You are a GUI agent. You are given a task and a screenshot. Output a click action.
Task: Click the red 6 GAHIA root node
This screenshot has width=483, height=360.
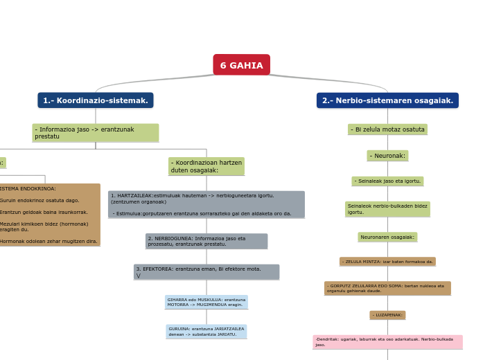click(241, 65)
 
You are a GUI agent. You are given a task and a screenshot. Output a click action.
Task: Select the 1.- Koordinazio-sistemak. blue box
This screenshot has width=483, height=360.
click(96, 100)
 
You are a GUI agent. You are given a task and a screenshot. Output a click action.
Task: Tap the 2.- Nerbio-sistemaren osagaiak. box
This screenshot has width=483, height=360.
click(387, 100)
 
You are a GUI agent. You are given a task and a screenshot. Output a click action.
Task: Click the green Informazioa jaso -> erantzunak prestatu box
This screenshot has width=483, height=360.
click(96, 133)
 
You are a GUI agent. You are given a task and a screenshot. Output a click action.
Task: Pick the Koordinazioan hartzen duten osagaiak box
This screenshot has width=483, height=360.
click(206, 166)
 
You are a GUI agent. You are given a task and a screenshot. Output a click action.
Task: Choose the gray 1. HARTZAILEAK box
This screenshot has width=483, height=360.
click(206, 205)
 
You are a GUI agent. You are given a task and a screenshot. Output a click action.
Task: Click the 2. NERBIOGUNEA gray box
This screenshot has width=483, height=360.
click(206, 241)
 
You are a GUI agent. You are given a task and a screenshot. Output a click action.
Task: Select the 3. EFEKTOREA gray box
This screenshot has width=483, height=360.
click(206, 271)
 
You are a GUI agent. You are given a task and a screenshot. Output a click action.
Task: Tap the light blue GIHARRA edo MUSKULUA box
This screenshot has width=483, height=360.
click(206, 302)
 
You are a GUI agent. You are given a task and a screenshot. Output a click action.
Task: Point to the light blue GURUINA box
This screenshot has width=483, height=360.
click(206, 332)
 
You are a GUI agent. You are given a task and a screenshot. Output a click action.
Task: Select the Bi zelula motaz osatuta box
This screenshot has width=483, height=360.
click(387, 129)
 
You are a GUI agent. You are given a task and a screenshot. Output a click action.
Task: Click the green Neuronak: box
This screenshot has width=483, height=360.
click(387, 156)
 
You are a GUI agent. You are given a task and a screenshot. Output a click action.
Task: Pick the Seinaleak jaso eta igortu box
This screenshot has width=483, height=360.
click(387, 181)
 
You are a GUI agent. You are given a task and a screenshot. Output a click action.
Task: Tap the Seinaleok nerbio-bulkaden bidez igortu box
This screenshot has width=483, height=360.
click(387, 209)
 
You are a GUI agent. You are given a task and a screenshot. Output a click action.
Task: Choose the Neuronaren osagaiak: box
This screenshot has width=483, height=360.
click(387, 237)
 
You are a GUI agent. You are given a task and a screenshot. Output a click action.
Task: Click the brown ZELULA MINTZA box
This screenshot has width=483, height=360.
click(387, 262)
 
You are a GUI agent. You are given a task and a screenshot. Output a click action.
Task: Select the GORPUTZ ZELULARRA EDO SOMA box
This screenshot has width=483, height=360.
click(387, 288)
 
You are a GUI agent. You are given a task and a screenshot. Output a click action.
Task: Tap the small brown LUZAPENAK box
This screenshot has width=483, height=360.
click(387, 315)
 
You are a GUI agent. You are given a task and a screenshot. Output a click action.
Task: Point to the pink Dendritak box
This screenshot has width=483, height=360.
click(387, 342)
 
